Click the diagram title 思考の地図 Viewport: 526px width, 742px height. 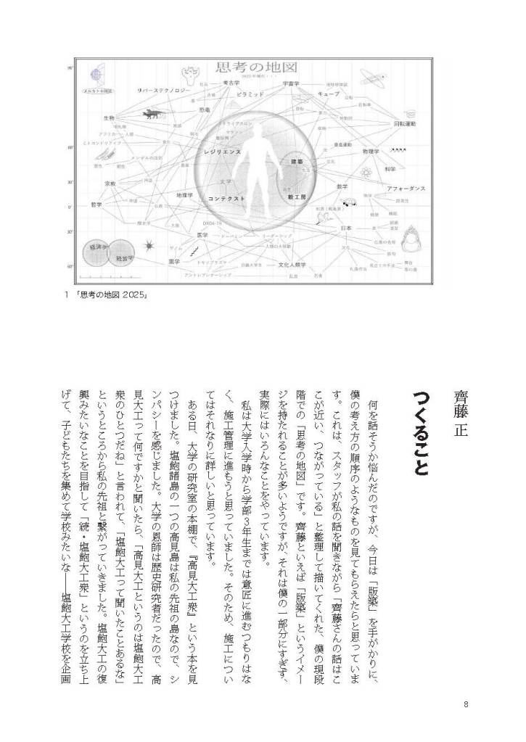257,69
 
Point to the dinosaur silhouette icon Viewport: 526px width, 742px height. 152,114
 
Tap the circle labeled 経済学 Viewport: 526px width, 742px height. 97,249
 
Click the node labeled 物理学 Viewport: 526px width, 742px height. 371,152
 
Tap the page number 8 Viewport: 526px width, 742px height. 466,703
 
